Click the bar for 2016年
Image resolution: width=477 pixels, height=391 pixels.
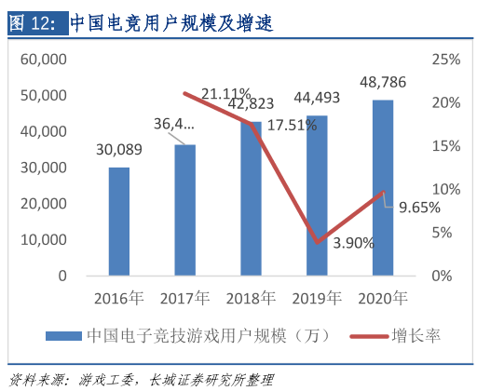(x=119, y=222)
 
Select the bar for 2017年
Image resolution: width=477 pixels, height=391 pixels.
(x=185, y=210)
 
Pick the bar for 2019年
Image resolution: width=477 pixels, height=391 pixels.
(x=318, y=195)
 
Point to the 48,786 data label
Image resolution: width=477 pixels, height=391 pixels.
(x=381, y=83)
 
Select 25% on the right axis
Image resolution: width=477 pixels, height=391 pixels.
(x=446, y=60)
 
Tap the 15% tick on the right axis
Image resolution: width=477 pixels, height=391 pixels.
(x=446, y=146)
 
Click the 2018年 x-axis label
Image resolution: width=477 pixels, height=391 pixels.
(x=252, y=299)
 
